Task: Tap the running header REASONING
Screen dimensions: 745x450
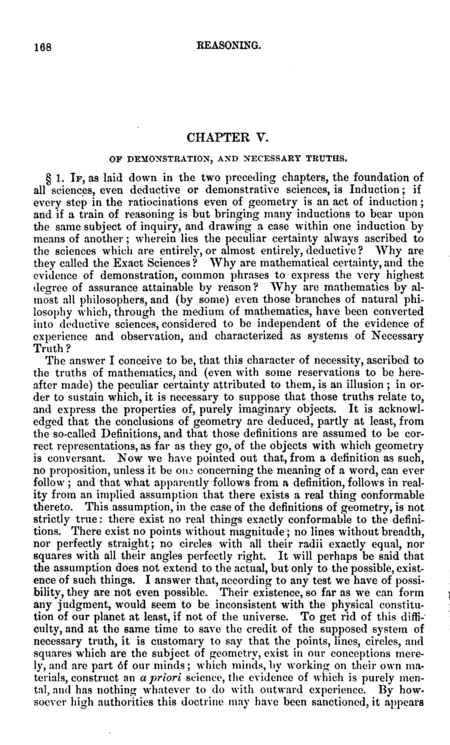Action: pos(228,46)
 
